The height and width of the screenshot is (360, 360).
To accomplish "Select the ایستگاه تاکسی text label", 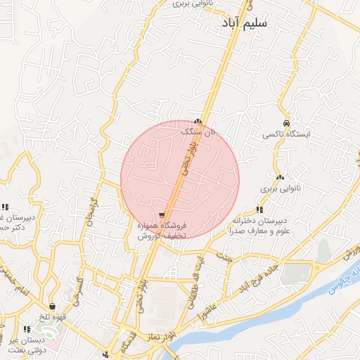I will coord(286,134).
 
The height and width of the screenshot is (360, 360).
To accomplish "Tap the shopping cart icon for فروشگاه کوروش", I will coord(162,215).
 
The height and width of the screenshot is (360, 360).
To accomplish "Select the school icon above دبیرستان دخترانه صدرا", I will coord(259,210).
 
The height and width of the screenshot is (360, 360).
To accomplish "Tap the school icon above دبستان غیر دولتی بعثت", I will coord(27,328).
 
